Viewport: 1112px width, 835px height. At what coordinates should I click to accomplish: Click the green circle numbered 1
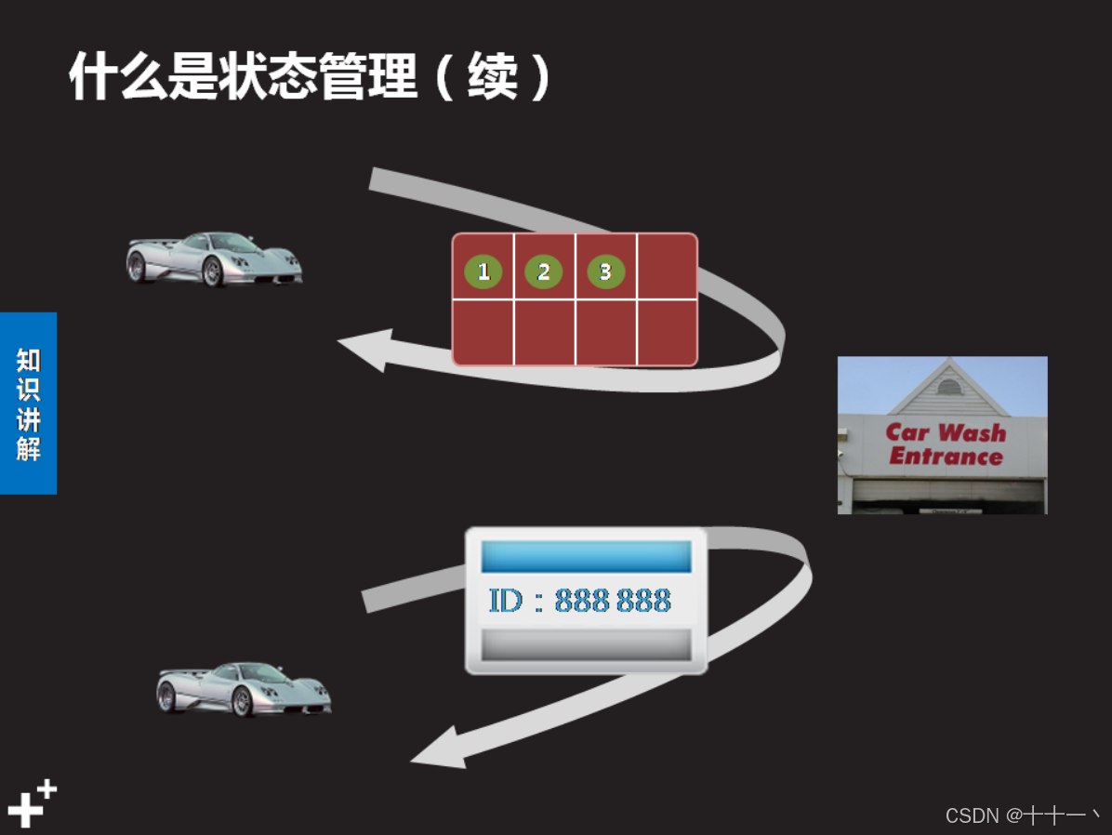click(x=483, y=272)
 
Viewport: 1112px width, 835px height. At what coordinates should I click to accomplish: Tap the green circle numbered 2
click(x=544, y=272)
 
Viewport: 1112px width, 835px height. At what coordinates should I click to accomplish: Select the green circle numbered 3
click(x=605, y=272)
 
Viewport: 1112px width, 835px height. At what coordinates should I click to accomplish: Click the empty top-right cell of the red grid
click(x=667, y=267)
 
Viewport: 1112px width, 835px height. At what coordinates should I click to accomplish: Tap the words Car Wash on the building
click(x=946, y=432)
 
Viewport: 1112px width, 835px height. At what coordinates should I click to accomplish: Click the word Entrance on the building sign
click(x=946, y=457)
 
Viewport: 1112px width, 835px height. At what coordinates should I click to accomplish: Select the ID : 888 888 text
click(x=579, y=601)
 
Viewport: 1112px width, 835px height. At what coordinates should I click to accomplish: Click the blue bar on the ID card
click(x=586, y=556)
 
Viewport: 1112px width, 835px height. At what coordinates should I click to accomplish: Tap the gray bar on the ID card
click(x=586, y=644)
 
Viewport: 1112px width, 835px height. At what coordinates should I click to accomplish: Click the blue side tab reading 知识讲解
click(x=28, y=404)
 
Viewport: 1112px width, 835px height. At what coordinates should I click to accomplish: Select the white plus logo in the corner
click(x=31, y=804)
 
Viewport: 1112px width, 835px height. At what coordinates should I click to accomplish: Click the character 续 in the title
click(x=492, y=76)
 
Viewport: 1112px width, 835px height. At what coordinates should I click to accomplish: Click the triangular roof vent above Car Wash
click(x=948, y=387)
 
